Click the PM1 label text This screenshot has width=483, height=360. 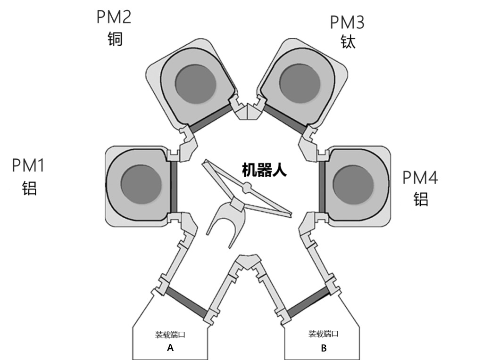[28, 166]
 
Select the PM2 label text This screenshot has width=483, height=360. [114, 17]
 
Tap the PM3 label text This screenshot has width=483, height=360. [347, 22]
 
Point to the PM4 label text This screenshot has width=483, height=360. [420, 178]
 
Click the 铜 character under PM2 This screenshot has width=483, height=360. [115, 38]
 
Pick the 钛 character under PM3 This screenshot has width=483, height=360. [348, 42]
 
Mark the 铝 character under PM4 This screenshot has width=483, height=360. [421, 199]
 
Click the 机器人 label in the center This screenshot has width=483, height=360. [264, 170]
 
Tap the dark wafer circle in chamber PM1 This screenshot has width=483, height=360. [141, 182]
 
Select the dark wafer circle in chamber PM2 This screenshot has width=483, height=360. [195, 84]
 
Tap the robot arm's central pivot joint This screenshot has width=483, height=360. [245, 188]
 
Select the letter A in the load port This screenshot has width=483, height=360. [170, 348]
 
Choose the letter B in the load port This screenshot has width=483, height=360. [324, 349]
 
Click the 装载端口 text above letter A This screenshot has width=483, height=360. [170, 335]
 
